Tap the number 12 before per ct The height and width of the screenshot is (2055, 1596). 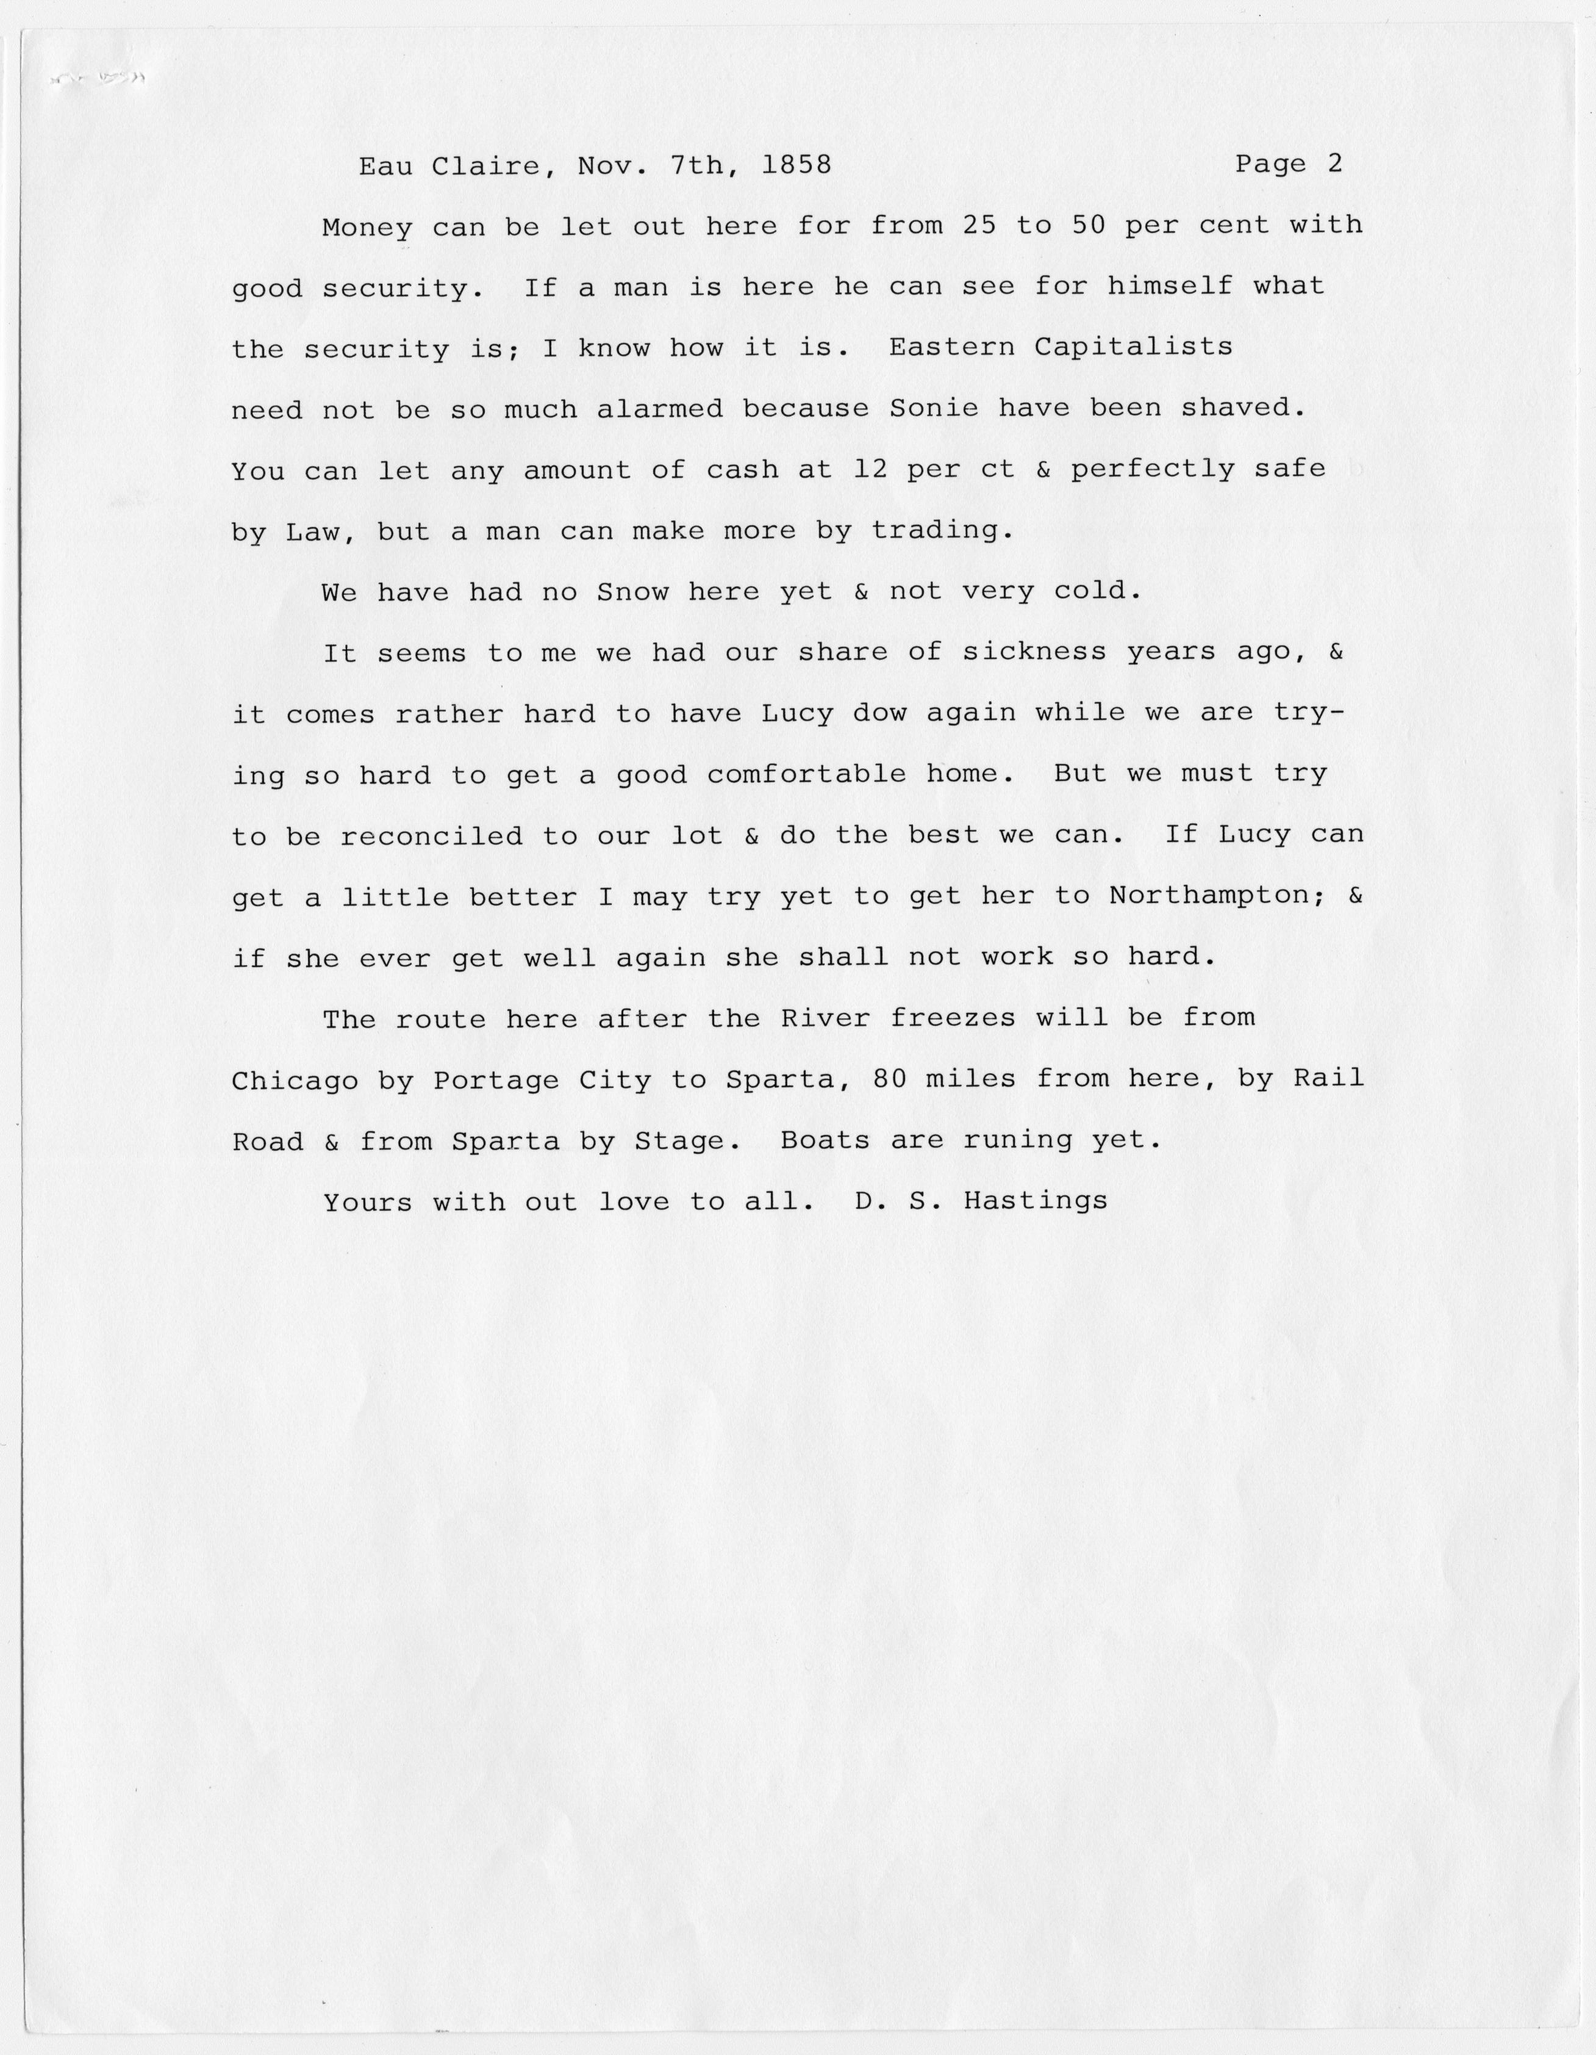point(869,469)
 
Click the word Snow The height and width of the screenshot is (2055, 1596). point(633,592)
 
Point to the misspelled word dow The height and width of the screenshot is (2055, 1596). point(879,713)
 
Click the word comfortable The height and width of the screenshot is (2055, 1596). point(806,774)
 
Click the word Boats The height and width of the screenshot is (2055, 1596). point(825,1140)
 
